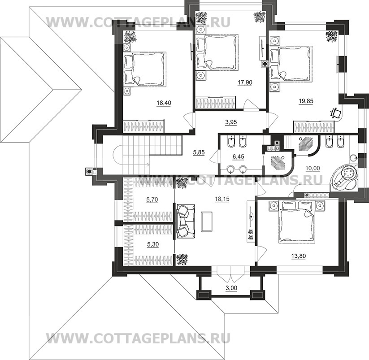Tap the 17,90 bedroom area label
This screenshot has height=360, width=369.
pyautogui.click(x=244, y=82)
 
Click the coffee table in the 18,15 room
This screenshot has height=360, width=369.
pyautogui.click(x=207, y=221)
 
